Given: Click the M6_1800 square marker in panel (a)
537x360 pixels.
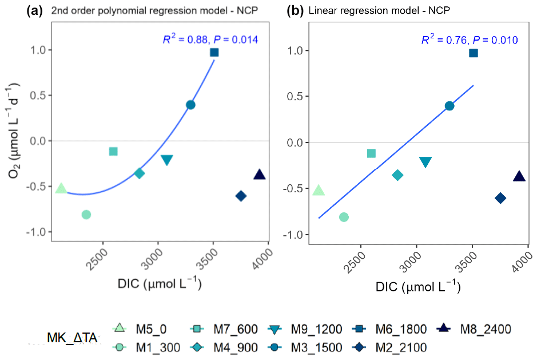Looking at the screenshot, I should (x=214, y=52).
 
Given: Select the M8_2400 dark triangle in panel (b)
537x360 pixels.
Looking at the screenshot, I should (x=519, y=176).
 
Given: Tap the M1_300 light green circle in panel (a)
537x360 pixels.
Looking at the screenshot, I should (x=86, y=215).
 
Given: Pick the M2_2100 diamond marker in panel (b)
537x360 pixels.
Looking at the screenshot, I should (x=500, y=198).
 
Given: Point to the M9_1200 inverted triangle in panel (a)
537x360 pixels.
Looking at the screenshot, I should (x=166, y=160).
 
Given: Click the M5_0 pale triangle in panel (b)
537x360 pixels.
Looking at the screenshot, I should (x=319, y=191).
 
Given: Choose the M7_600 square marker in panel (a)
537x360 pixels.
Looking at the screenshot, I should (x=113, y=152).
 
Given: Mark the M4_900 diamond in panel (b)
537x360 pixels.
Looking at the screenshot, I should (x=398, y=175).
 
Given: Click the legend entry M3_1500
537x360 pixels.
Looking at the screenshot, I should (x=316, y=346).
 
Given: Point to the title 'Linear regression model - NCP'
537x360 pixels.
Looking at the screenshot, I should (x=380, y=10).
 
